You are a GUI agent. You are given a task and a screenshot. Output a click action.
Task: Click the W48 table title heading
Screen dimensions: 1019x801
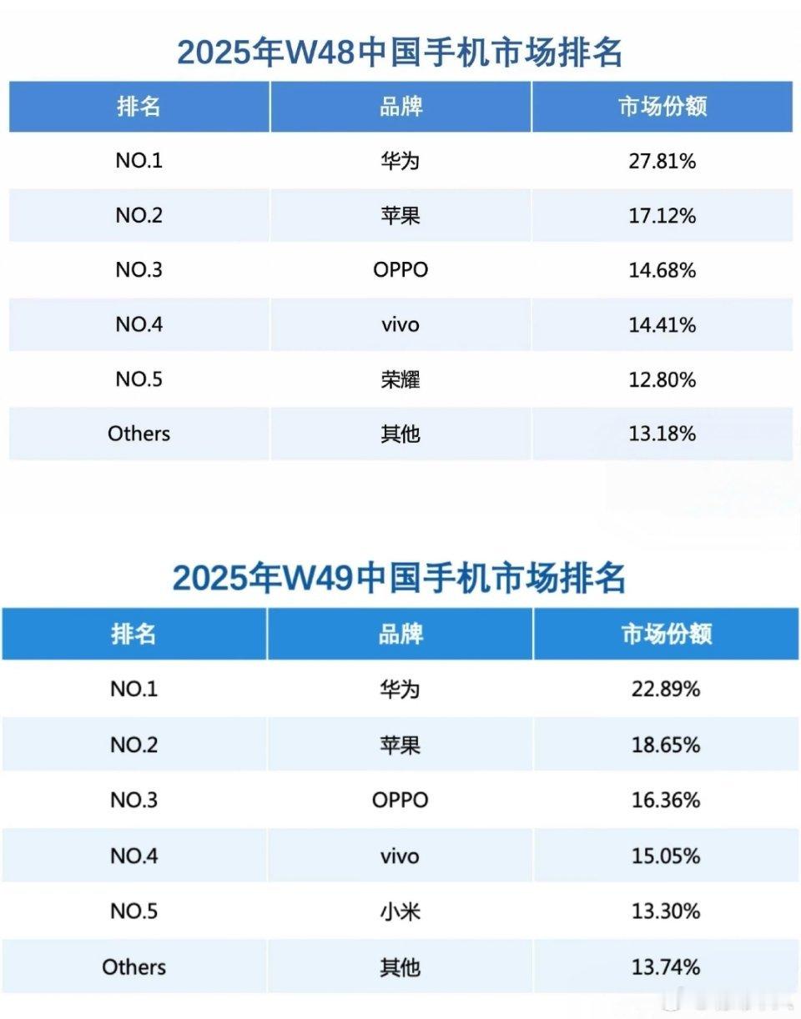coord(400,53)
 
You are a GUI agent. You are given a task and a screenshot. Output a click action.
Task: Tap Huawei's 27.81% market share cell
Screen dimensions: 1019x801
coord(662,161)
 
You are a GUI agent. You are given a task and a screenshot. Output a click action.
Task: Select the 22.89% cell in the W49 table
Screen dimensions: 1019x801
coord(665,690)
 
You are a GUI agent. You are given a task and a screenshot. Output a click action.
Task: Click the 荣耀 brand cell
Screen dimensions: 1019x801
coord(400,380)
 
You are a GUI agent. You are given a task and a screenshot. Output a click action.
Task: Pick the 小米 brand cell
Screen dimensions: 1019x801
coord(400,911)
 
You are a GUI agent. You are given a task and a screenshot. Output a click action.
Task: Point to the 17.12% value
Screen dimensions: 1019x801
coord(662,216)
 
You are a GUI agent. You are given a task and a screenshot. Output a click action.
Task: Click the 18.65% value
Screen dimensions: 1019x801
coord(665,745)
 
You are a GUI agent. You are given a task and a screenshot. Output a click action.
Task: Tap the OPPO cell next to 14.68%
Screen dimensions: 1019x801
coord(400,270)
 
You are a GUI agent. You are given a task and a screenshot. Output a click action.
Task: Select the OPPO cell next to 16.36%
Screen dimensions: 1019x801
coord(400,801)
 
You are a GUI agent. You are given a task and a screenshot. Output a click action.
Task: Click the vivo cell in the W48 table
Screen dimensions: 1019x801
coord(400,324)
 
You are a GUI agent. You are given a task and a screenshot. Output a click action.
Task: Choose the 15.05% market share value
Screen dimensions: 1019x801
coord(665,856)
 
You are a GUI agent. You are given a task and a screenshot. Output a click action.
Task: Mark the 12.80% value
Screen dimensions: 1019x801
coord(662,380)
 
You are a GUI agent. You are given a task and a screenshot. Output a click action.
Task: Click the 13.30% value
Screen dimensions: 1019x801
coord(665,911)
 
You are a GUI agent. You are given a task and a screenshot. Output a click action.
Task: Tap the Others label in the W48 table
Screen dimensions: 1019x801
coord(139,434)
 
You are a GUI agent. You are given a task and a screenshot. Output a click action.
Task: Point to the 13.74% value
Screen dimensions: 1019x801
coord(665,967)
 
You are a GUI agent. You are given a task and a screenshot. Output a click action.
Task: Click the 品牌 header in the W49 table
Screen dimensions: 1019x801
coord(400,634)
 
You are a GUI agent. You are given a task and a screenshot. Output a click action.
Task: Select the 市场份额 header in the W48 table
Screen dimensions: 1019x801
coord(662,107)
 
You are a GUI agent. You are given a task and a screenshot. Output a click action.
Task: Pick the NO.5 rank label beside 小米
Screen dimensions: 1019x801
coord(133,911)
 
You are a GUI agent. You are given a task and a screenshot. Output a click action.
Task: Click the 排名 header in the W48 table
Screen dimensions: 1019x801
coord(139,107)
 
